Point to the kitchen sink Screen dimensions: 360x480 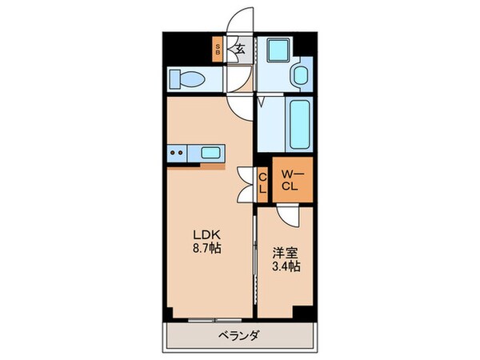(x=212, y=151)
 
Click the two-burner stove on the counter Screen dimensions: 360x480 (x=178, y=151)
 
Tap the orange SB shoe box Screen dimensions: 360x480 (x=218, y=50)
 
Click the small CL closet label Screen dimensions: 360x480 (x=262, y=182)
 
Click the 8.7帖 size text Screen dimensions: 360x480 (x=206, y=248)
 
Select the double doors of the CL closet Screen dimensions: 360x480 (x=246, y=182)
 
